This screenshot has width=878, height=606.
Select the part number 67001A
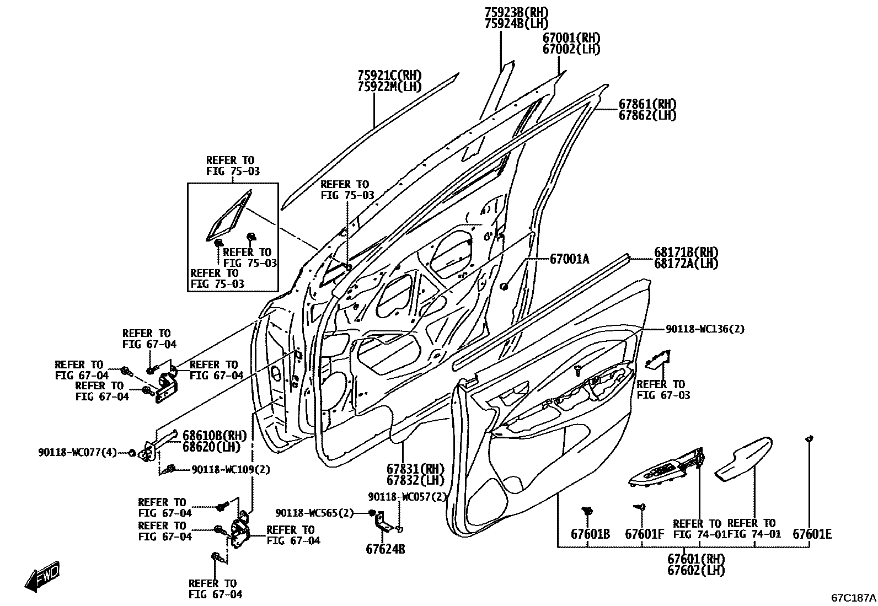point(569,259)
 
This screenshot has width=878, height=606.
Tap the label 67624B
point(385,549)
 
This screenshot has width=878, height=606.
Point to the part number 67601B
point(590,534)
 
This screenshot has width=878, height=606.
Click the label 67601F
point(644,534)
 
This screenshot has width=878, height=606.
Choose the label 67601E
point(812,534)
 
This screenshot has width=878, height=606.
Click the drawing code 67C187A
point(853,597)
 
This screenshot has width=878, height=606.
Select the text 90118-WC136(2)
point(705,329)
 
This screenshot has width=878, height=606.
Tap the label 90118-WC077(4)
point(78,452)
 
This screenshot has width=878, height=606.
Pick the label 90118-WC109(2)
point(231,469)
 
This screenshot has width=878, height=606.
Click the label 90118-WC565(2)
point(314,513)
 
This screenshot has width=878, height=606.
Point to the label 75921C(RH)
point(389,75)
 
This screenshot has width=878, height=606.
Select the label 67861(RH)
point(647,104)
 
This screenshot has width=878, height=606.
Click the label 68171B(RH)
point(686,252)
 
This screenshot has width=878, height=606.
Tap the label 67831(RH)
point(415,469)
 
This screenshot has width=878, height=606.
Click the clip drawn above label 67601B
point(588,511)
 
